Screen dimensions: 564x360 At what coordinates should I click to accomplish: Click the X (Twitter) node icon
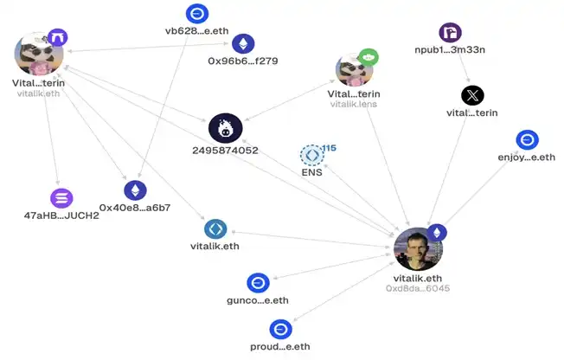(x=472, y=95)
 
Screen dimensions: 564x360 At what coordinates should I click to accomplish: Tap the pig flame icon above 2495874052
(x=226, y=128)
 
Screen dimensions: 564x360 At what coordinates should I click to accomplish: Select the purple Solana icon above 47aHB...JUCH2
(x=61, y=198)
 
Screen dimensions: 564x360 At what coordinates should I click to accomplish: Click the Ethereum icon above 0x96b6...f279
(x=244, y=44)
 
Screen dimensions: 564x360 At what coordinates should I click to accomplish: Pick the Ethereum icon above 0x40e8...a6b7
(x=135, y=190)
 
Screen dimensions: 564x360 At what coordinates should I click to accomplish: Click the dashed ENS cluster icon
(x=312, y=155)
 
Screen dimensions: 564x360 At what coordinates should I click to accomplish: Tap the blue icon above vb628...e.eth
(x=197, y=14)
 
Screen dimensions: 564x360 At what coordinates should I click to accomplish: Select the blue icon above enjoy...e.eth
(x=528, y=139)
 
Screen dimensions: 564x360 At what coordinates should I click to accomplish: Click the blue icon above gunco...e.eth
(x=259, y=283)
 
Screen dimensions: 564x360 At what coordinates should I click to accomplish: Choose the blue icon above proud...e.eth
(x=281, y=329)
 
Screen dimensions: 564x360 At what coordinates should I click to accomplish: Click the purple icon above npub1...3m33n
(x=451, y=32)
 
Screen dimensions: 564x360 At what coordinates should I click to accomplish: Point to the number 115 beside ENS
(x=329, y=148)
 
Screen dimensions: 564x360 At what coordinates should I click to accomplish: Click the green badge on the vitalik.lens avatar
(x=369, y=58)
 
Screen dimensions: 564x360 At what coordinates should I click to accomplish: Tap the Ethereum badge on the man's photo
(x=437, y=233)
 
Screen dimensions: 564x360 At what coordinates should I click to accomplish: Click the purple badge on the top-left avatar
(x=58, y=37)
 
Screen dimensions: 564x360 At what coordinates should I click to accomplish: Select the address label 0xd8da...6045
(x=418, y=288)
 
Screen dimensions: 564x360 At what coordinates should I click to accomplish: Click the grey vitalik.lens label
(x=354, y=104)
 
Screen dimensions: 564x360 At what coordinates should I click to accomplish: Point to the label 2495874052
(x=225, y=150)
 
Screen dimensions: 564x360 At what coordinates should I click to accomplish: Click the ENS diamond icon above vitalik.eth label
(x=215, y=229)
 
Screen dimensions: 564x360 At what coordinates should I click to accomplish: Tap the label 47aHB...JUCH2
(x=61, y=215)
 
